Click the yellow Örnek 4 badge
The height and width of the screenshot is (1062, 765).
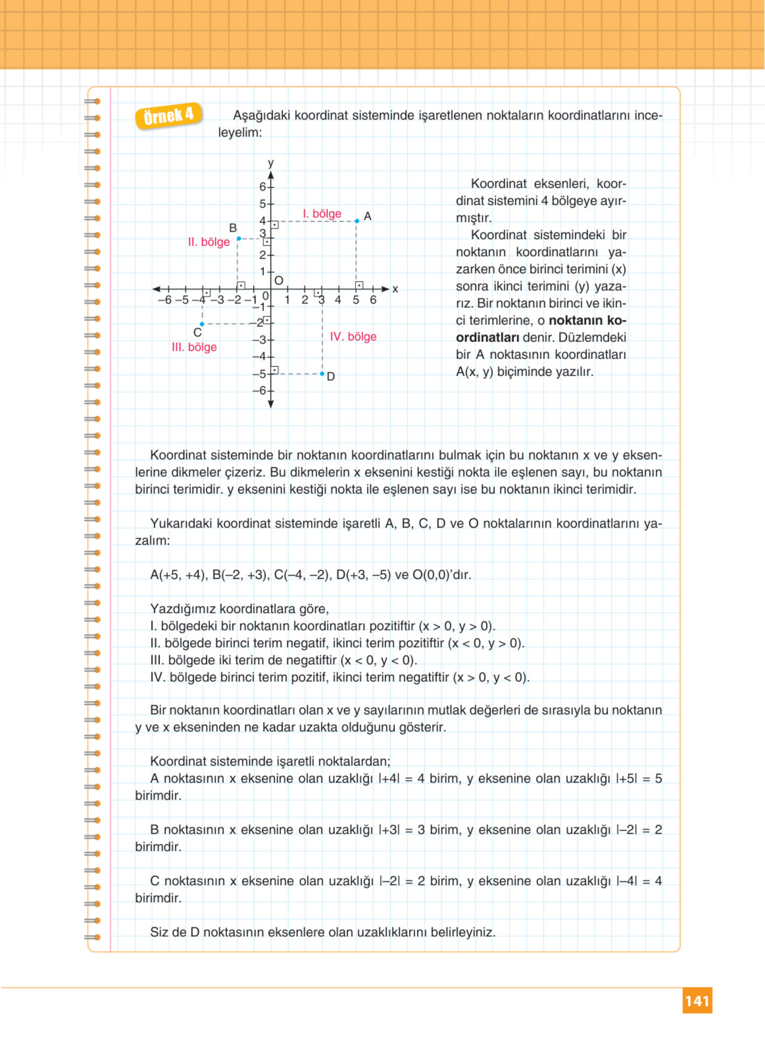coord(169,115)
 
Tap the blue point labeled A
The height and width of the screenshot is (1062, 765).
coord(357,220)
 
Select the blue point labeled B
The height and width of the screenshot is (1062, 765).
coord(239,239)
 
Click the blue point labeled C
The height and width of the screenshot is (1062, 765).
coord(202,324)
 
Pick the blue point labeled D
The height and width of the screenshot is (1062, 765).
coord(322,374)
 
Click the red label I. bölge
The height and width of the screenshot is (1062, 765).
coord(322,214)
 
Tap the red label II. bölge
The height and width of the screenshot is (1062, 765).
coord(209,242)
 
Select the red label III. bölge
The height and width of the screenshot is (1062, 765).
coord(194,347)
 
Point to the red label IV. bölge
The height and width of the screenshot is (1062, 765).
coord(353,336)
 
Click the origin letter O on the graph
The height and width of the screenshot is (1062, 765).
coord(279,280)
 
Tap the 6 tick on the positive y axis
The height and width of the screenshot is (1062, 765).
coord(263,187)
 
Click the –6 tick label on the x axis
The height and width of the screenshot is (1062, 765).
coord(164,300)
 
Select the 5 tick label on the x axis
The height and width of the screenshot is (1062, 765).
coord(356,300)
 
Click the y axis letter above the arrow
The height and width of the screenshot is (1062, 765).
coord(270,163)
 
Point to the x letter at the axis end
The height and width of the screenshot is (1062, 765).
coord(395,290)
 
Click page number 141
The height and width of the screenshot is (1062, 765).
coord(697,1001)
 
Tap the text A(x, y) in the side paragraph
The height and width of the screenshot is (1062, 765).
coord(474,372)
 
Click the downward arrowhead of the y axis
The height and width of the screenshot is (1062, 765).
coord(271,404)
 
